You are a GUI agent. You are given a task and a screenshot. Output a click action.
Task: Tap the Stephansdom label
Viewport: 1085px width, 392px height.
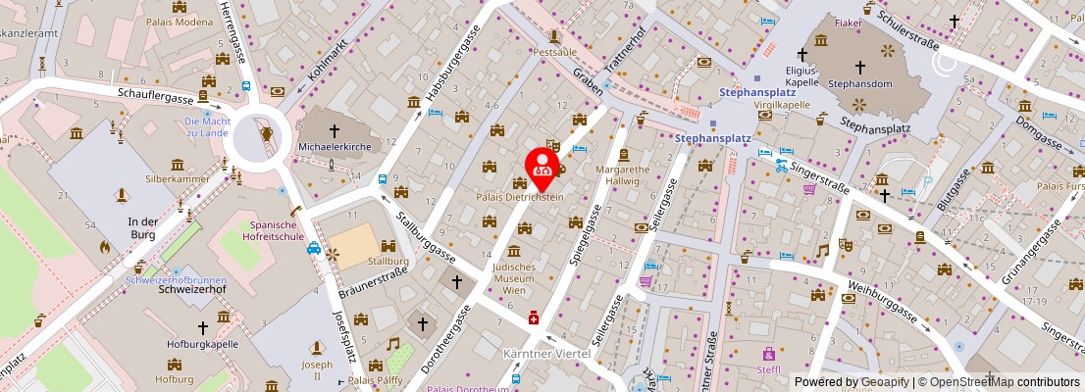(x=858, y=84)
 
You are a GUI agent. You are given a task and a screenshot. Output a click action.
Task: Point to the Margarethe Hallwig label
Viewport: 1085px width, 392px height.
(x=623, y=174)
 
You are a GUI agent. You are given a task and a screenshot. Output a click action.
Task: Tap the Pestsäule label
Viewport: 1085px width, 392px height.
(x=554, y=50)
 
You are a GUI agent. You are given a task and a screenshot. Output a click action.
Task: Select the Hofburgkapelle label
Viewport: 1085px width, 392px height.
(x=204, y=344)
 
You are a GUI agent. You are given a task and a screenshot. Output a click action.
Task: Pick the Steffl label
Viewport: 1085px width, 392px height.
(x=768, y=369)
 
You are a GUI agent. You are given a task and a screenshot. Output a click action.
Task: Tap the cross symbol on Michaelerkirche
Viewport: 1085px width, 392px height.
(x=334, y=129)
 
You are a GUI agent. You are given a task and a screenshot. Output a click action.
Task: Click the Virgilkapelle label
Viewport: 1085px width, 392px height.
(x=780, y=104)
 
